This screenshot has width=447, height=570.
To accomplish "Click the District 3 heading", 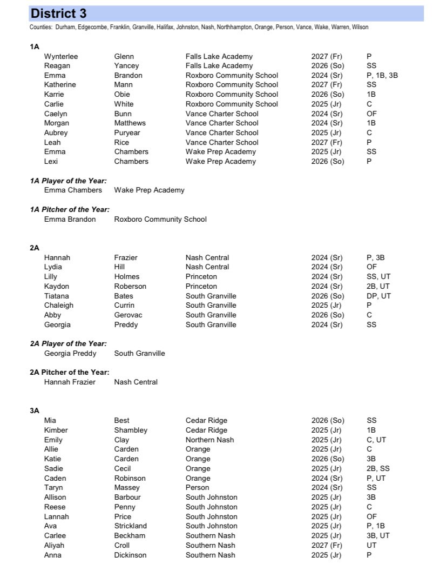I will point(58,14).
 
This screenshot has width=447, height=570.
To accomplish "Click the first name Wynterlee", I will point(62,56).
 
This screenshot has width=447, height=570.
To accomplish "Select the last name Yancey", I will point(127,65).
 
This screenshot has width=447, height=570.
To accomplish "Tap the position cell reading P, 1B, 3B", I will point(382,75).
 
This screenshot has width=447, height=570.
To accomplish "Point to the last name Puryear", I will point(129,132).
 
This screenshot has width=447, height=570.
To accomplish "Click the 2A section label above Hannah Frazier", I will point(35,248).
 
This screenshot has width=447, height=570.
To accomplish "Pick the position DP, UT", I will point(378,296).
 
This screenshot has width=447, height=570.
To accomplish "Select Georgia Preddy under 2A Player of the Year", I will point(71,353).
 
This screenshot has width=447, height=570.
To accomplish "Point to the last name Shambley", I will point(131,430).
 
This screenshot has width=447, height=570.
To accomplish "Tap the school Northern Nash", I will point(209,440).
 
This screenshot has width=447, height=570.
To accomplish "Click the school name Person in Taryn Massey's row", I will point(197,488).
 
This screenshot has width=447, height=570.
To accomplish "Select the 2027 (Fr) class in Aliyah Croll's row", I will point(327,545).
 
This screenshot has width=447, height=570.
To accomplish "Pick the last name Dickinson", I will point(130,555).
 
